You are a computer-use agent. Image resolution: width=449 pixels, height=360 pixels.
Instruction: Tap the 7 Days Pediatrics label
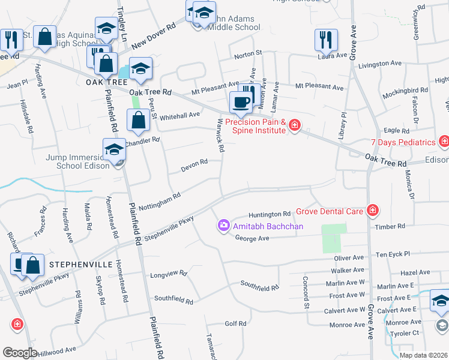[x=402, y=143]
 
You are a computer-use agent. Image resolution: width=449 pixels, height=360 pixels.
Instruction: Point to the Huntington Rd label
[x=270, y=214]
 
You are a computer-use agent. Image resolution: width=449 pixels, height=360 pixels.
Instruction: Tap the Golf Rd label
[x=236, y=324]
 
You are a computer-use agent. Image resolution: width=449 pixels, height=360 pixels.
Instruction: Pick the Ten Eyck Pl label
[x=393, y=254]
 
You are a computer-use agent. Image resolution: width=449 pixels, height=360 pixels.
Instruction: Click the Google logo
[x=20, y=353]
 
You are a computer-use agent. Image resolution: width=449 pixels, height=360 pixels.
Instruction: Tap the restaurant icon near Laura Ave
[x=326, y=40]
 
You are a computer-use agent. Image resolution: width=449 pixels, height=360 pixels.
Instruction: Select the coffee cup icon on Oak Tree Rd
[x=241, y=102]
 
